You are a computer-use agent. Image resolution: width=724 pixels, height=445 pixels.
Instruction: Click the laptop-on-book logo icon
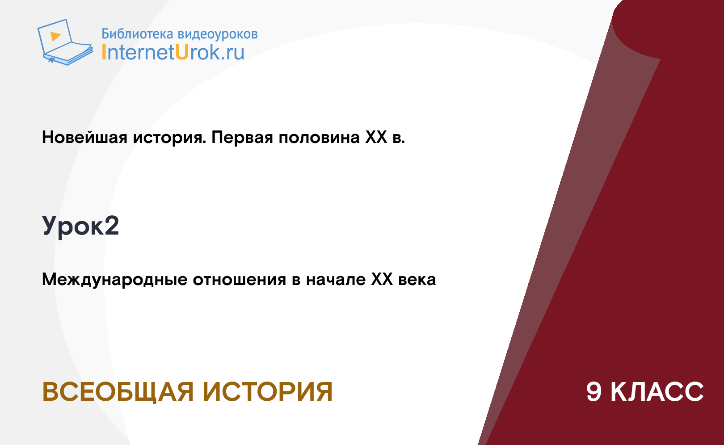(65, 42)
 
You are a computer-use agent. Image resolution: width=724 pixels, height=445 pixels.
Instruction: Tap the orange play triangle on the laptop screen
(55, 36)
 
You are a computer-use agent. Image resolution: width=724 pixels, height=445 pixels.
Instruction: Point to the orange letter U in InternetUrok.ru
(182, 52)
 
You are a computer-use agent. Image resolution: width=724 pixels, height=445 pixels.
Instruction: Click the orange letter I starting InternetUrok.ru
(104, 52)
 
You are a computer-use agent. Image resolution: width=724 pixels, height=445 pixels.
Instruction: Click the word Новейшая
(84, 137)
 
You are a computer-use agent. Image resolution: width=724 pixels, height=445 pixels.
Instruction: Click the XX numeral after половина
(376, 137)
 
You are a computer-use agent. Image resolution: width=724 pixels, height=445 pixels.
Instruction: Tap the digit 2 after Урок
(112, 225)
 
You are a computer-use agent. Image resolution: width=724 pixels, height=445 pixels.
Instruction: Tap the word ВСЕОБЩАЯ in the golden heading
(118, 392)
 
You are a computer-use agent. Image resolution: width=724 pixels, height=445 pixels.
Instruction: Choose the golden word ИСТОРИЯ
(268, 391)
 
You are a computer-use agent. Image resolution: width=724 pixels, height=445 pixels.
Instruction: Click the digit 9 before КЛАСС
(594, 391)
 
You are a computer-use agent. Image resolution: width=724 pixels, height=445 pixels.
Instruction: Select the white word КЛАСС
(657, 391)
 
